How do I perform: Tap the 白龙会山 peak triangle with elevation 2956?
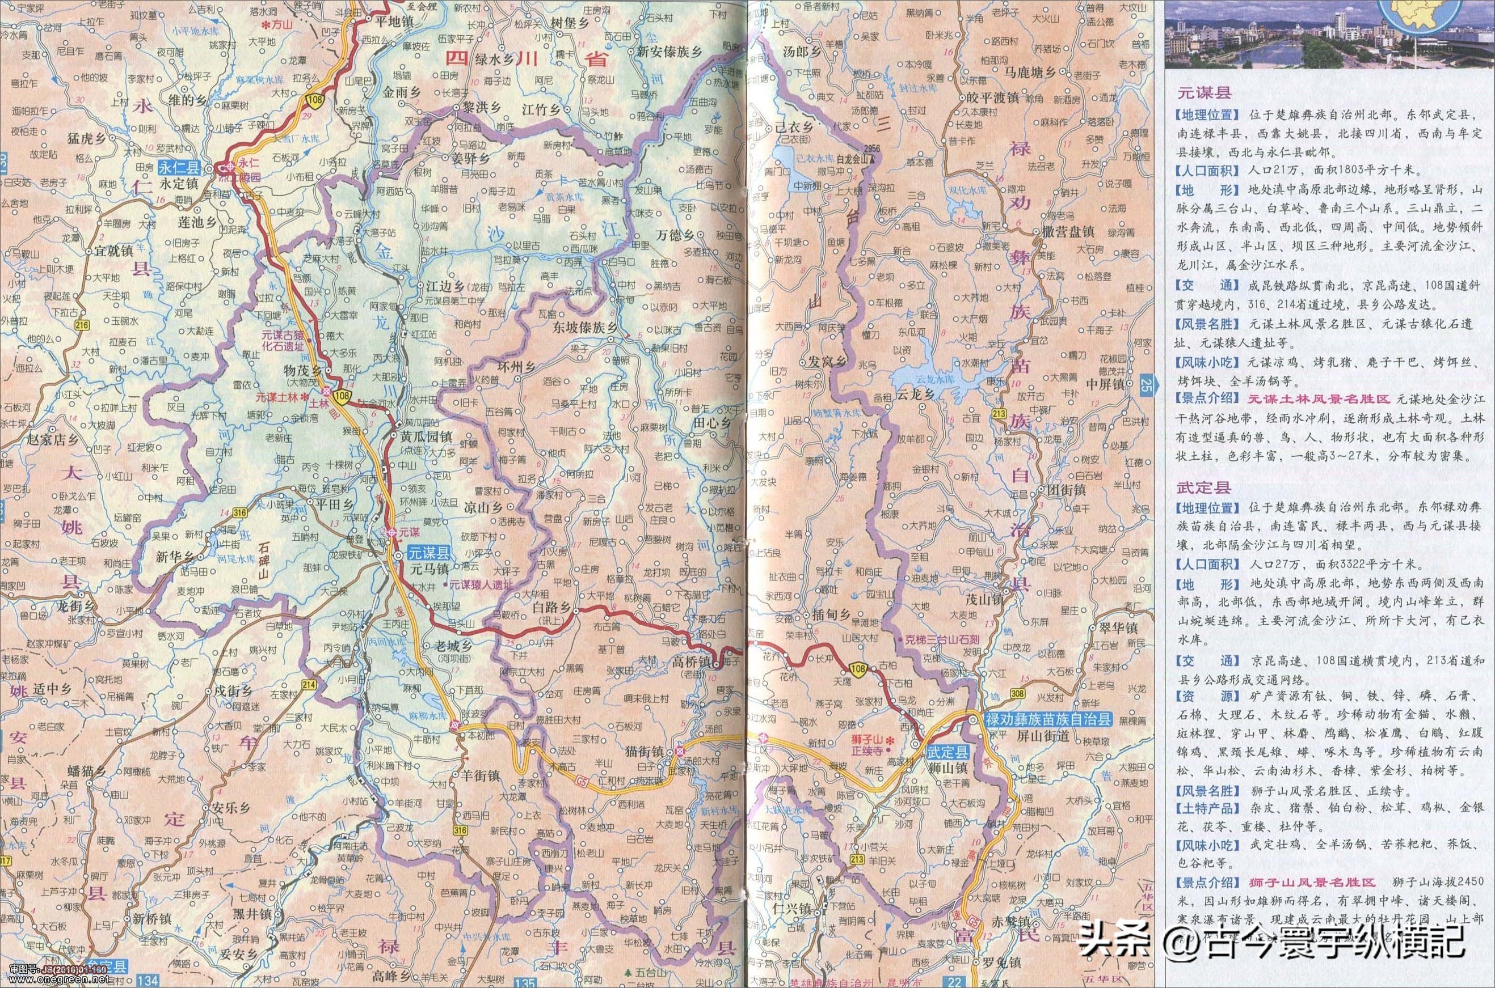[872, 160]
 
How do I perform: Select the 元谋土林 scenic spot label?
[279, 398]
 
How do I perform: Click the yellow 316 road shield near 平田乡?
[239, 512]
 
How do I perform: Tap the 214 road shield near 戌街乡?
[309, 684]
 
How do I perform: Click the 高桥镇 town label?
[692, 663]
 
